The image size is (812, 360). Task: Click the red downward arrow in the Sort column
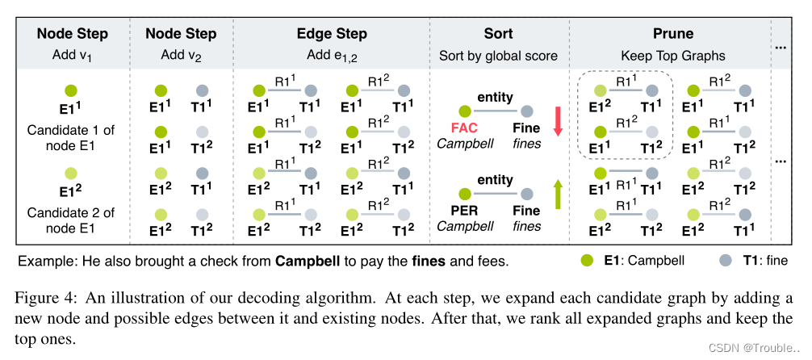click(x=556, y=120)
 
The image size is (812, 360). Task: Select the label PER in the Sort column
click(x=464, y=211)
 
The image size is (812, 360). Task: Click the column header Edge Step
click(x=331, y=34)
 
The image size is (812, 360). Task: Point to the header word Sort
click(x=498, y=34)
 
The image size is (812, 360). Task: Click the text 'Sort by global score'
click(x=498, y=56)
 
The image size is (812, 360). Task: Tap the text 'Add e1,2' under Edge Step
click(x=331, y=56)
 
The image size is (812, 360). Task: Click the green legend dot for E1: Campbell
click(x=587, y=261)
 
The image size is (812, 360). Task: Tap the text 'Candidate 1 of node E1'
click(x=72, y=138)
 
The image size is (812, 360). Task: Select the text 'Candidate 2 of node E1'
click(x=72, y=220)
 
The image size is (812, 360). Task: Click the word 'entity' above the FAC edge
click(x=495, y=97)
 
